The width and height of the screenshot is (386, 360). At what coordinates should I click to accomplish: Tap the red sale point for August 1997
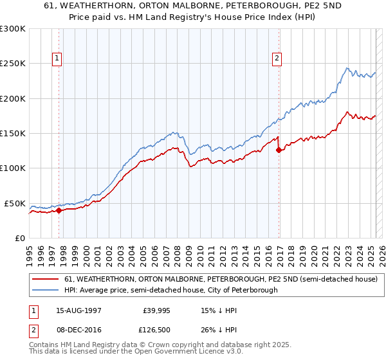(59, 210)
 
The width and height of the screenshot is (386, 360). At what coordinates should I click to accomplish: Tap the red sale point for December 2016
(279, 150)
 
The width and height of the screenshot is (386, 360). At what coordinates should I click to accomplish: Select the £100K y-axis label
(13, 168)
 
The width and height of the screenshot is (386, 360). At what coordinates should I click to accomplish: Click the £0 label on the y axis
(20, 238)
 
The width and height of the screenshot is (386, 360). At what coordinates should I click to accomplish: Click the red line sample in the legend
(46, 280)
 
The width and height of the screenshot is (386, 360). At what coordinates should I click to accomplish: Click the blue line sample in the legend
(46, 291)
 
